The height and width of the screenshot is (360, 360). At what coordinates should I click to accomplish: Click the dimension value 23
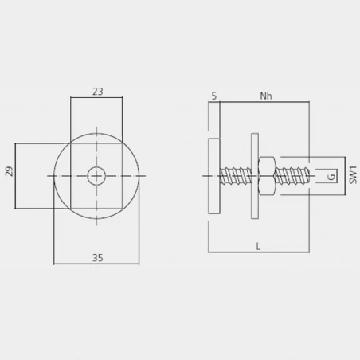(x=98, y=92)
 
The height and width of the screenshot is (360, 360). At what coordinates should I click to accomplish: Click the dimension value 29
(x=9, y=171)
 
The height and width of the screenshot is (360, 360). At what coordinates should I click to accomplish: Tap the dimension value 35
(x=98, y=258)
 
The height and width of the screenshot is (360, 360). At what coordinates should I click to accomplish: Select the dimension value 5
(x=214, y=96)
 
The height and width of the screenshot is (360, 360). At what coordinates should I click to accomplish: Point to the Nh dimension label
(x=266, y=96)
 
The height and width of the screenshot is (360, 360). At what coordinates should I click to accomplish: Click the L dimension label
(x=258, y=247)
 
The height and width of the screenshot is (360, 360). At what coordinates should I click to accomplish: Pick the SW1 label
(x=353, y=175)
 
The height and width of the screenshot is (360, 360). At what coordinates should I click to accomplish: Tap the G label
(x=331, y=177)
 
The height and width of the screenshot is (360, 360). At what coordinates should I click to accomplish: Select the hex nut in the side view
(x=267, y=176)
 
